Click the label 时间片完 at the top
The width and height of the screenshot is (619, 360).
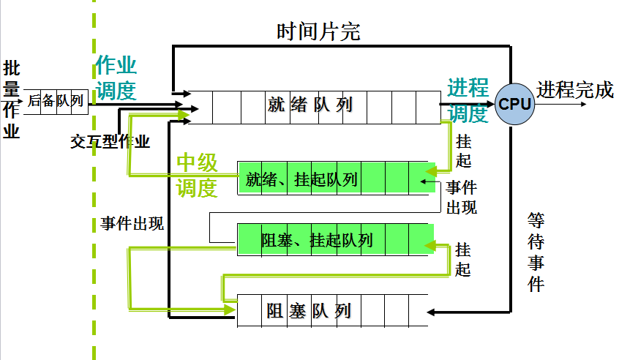coord(318,32)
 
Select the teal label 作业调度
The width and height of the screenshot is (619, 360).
coord(116,78)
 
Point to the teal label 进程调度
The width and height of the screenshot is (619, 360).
coord(468,100)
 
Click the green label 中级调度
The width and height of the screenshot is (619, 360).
coord(198,176)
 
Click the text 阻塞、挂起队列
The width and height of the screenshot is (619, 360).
coord(317,239)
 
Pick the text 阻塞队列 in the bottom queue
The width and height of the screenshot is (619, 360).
coord(309,312)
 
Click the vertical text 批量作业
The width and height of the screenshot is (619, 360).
coord(12,100)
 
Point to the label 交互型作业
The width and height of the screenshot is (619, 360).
coord(110,142)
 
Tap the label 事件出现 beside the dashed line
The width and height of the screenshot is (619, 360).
coord(132,224)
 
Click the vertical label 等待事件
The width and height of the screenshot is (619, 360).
coord(536,252)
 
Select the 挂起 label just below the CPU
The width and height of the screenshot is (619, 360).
coord(463,151)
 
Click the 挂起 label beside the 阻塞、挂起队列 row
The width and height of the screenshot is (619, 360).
coord(463,259)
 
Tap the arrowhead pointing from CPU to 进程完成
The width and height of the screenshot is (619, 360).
coord(582,103)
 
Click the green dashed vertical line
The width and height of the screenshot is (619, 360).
coord(94,220)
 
